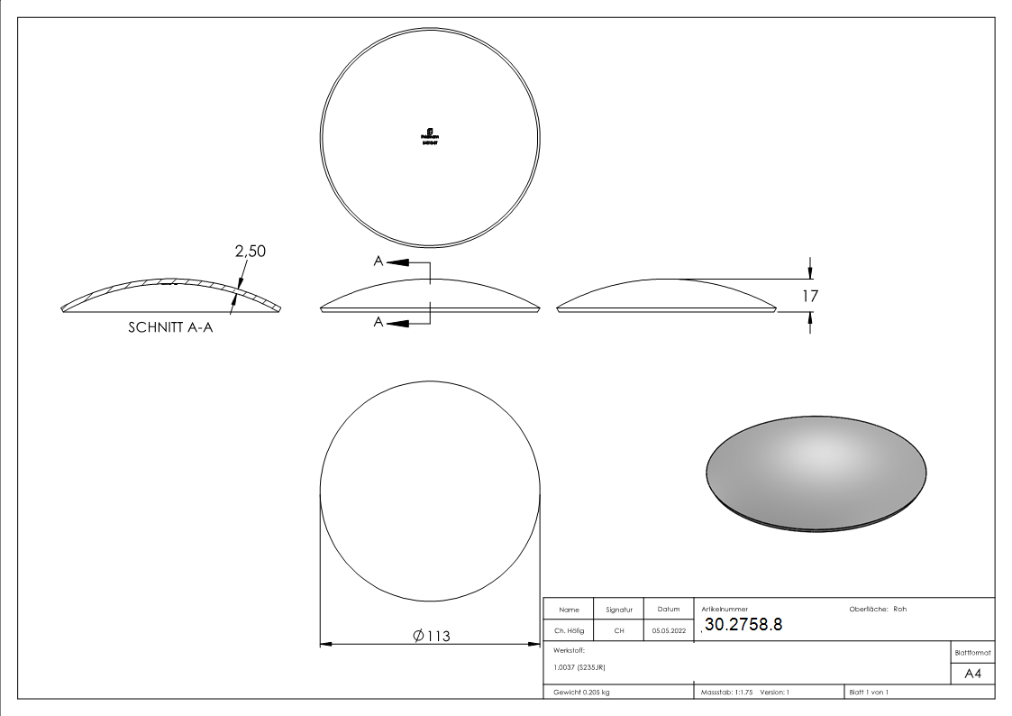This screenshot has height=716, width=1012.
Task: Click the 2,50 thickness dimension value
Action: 251,252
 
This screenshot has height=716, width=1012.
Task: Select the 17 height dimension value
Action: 809,295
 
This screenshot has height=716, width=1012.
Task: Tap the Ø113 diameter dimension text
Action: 431,636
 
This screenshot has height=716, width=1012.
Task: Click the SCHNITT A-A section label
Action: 170,329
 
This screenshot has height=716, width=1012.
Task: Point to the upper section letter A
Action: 379,262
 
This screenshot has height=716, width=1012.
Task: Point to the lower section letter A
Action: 379,323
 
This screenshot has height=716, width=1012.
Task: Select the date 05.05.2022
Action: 668,631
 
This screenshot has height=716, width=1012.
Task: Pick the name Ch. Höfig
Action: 569,631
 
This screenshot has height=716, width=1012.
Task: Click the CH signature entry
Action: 619,631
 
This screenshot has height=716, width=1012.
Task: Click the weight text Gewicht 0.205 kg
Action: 580,692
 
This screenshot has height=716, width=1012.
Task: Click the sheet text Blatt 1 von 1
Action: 869,692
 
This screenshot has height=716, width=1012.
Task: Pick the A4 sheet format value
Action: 972,674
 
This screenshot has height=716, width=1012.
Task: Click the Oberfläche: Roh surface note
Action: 878,609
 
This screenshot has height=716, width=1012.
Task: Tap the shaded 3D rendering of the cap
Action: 816,471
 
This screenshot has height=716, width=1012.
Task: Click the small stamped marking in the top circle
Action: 430,135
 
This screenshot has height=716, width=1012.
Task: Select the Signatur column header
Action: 619,610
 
